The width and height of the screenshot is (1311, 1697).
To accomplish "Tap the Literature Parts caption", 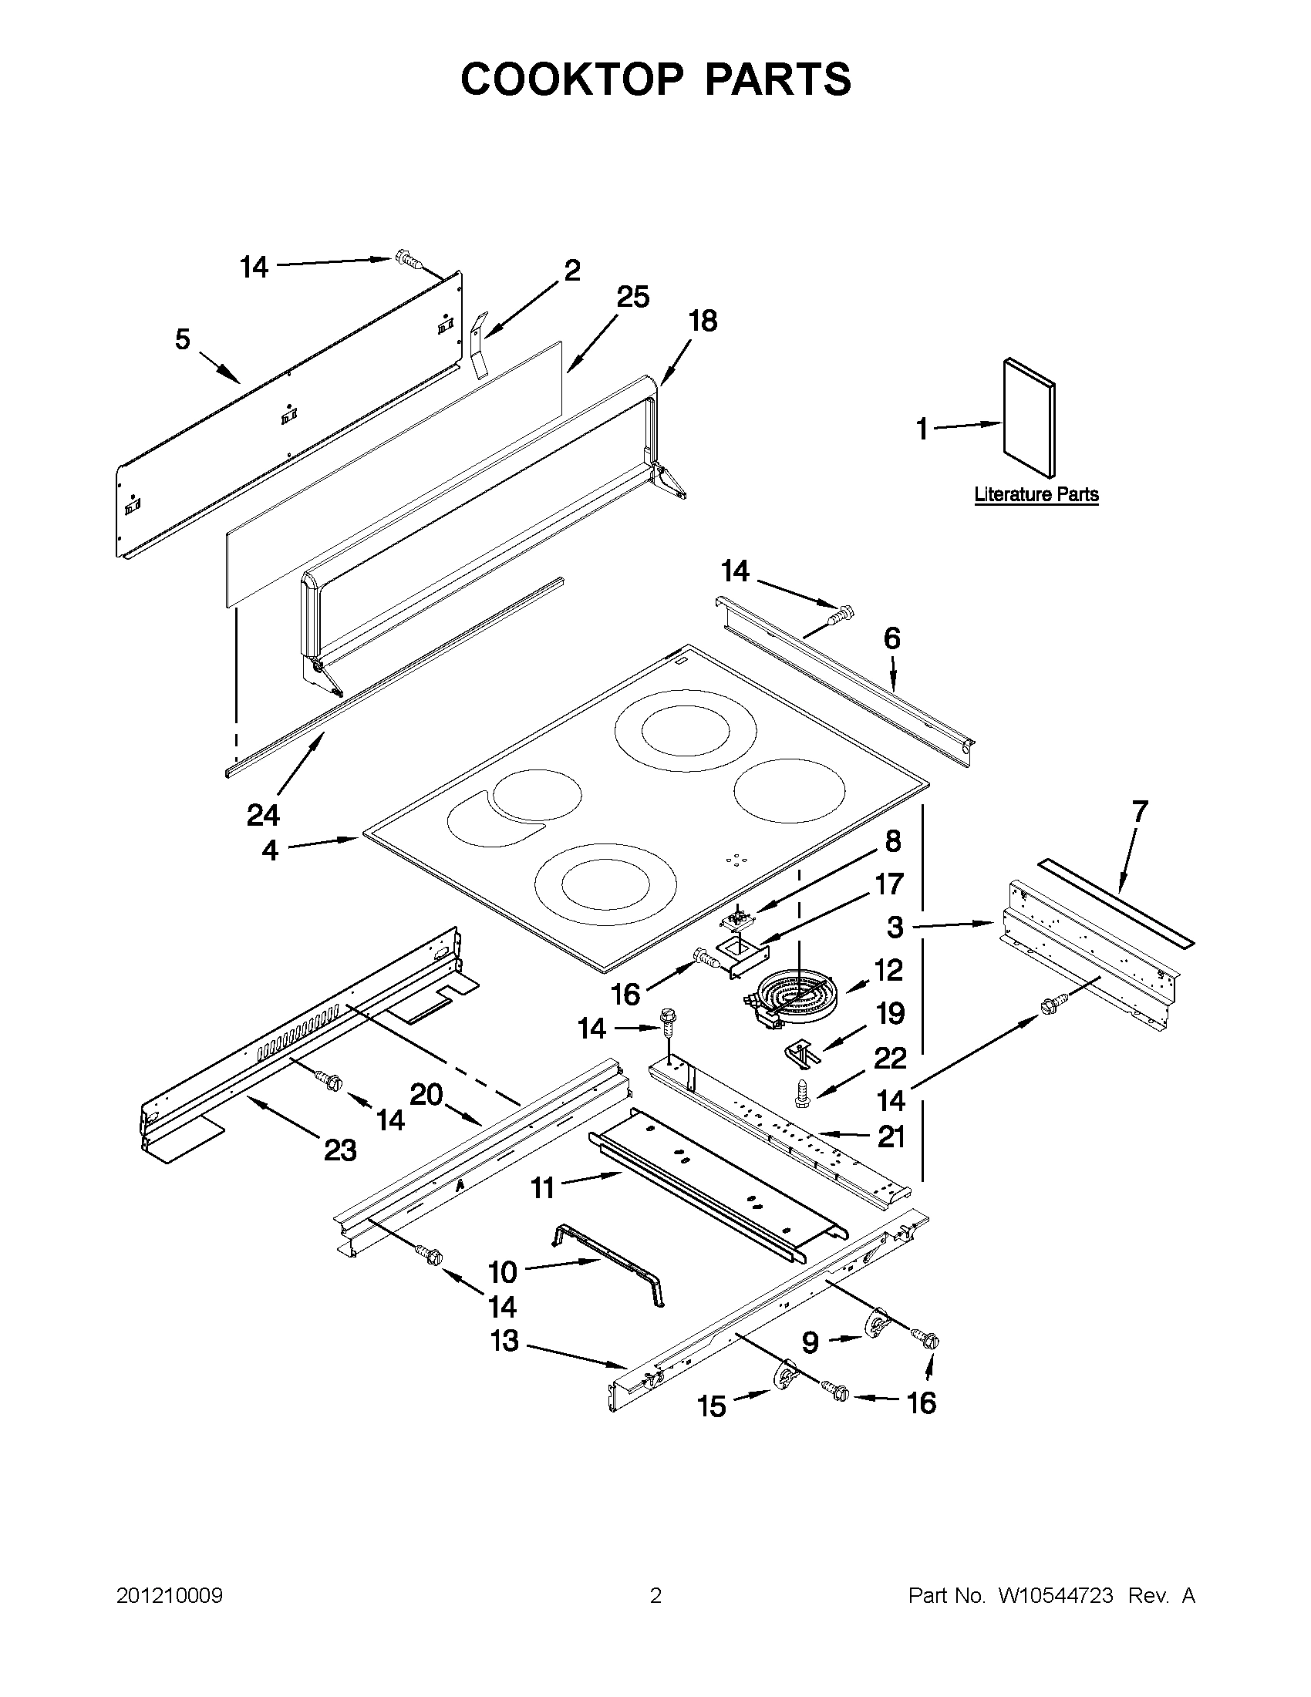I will click(x=1036, y=494).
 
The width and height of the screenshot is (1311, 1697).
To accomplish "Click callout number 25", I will click(x=633, y=298).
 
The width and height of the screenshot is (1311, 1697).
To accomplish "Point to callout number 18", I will click(x=703, y=321).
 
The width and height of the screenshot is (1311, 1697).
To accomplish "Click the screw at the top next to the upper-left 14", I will click(x=408, y=260).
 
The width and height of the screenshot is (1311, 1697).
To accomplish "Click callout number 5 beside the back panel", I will click(x=182, y=339).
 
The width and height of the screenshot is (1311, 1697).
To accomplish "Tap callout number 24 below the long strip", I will click(x=264, y=815).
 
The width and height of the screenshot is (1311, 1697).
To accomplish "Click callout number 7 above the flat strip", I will click(x=1139, y=811).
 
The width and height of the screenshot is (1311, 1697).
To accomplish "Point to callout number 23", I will click(x=340, y=1150).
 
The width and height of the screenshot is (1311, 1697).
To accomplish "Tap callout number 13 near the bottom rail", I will click(x=504, y=1340).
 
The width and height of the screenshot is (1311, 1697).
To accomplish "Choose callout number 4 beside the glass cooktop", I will click(x=270, y=851).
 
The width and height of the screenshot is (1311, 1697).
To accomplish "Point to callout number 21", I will click(x=891, y=1136).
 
